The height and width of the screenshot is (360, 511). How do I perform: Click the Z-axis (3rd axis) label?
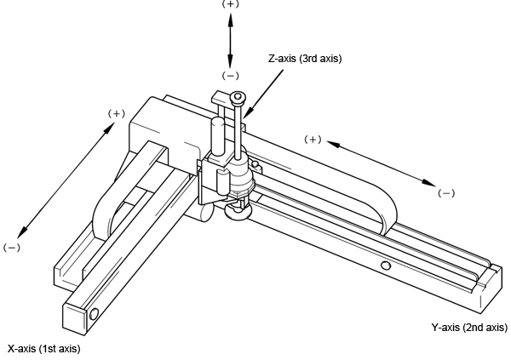coord(305,59)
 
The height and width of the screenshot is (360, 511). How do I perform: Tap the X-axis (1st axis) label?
coord(43,348)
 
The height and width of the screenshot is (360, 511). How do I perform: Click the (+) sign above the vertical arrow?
coord(230,4)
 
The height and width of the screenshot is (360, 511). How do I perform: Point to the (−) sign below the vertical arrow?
coord(230,75)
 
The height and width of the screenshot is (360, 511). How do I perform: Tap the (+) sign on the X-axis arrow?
coord(117,113)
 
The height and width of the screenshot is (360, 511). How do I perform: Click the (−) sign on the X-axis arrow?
coord(11,247)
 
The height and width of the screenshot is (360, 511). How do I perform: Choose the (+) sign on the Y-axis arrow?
coord(313,139)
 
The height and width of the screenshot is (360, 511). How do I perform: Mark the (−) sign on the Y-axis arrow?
coord(446,192)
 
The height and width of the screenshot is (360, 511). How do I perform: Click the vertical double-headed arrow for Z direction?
coord(230,39)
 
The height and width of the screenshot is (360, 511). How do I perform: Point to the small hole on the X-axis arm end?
coord(94,315)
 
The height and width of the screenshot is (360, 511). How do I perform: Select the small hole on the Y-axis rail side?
coord(386,266)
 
